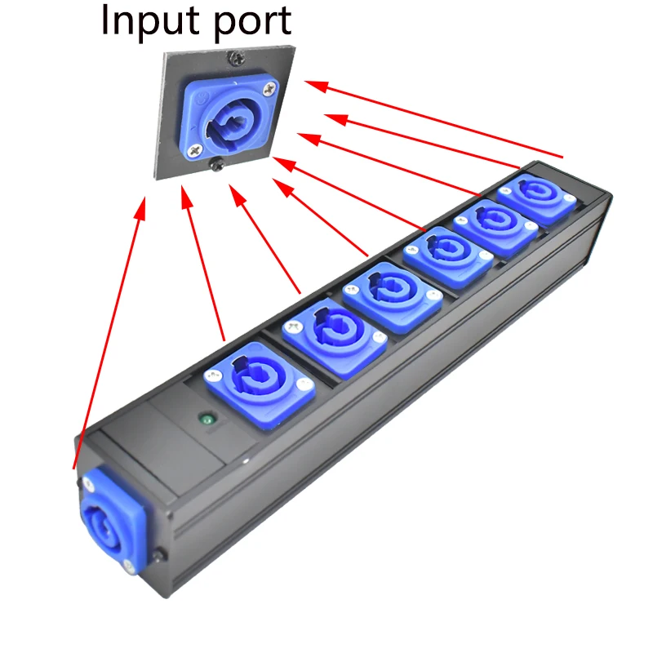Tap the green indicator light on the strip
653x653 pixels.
point(207,422)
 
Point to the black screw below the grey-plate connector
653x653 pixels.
point(216,166)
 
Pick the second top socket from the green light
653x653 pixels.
point(325,334)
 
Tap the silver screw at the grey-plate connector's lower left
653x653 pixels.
point(193,150)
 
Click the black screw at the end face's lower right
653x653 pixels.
point(162,557)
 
